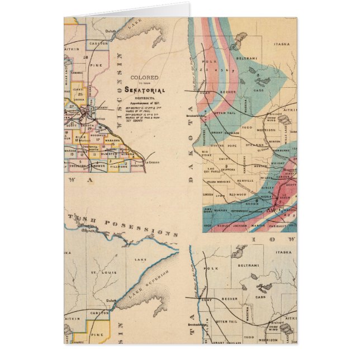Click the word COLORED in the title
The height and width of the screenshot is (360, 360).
point(144,78)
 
